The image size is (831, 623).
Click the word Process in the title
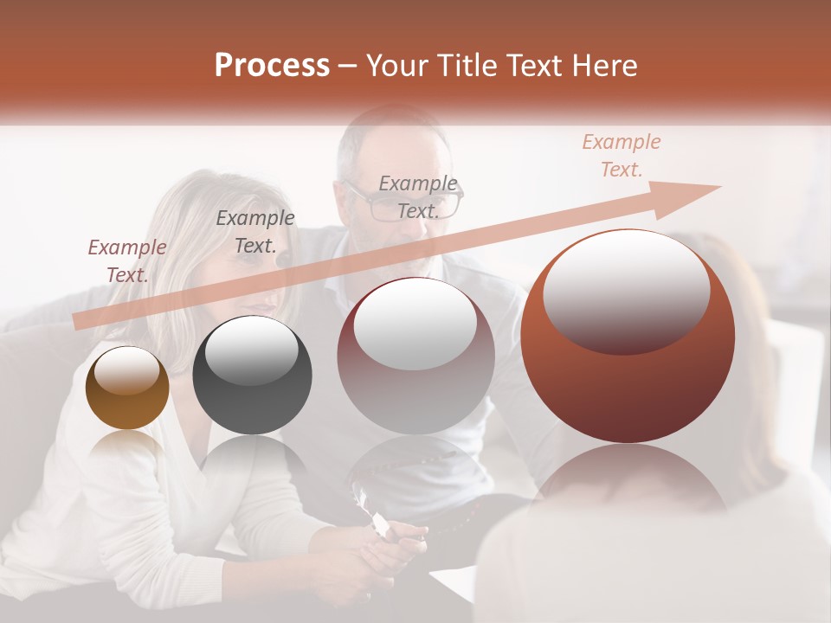tap(272, 66)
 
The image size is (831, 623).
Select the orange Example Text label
tap(621, 156)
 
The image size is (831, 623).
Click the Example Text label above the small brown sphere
tap(127, 260)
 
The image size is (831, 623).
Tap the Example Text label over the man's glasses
tap(418, 196)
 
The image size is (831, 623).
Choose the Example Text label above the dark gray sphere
tap(255, 231)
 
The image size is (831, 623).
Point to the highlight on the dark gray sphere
tap(252, 350)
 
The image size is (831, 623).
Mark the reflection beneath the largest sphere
tap(628, 480)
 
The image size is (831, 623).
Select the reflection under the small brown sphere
tap(127, 446)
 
